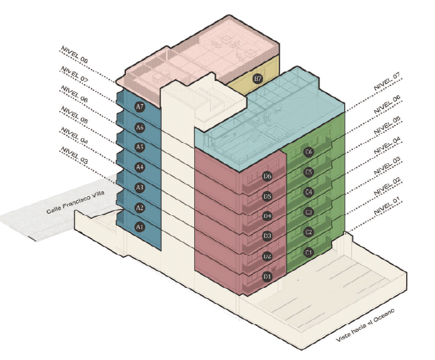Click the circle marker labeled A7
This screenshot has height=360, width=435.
coord(140,107)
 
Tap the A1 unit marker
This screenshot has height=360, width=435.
coord(140,227)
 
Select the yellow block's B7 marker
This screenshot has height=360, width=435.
coord(257,79)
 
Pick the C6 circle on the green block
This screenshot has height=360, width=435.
coord(308,152)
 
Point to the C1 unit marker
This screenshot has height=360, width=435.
coord(308,252)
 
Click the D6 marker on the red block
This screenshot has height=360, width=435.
coord(268,176)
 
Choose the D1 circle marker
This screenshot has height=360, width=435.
coord(268,276)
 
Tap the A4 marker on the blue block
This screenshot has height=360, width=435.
coord(140,167)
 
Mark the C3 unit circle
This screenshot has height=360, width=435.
coord(308,212)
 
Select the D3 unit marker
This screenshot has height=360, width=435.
coord(268,236)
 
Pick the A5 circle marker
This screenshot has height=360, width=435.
coord(140,147)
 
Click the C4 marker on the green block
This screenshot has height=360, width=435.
coord(308,192)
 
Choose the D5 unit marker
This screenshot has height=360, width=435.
coord(268,196)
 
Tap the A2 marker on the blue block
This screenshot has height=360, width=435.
coord(140,208)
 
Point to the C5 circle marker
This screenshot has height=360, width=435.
coord(308,172)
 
